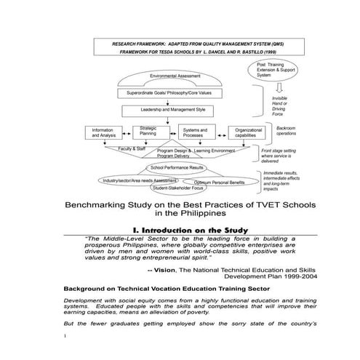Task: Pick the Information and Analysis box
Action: [x=103, y=133]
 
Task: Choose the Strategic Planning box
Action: [x=148, y=130]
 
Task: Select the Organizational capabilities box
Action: [x=246, y=133]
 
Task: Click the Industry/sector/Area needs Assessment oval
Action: [x=139, y=180]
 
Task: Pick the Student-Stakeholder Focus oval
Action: [x=177, y=188]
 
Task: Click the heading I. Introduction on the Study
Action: [x=180, y=231]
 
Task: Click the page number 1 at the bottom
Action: [x=65, y=335]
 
